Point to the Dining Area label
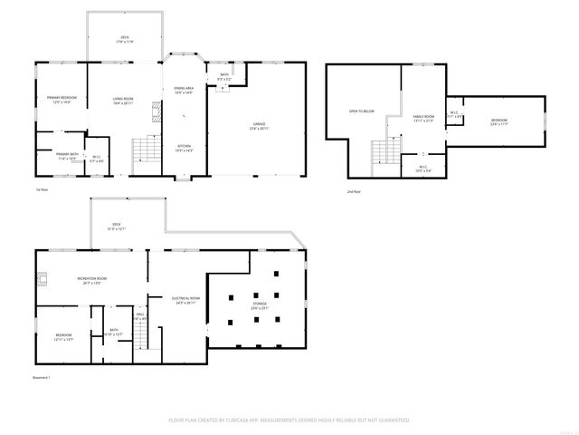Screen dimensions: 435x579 184,88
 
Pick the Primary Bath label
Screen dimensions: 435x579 68,155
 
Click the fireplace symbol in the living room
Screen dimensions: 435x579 155,111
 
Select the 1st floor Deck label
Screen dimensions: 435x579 124,38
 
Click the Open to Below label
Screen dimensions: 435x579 361,111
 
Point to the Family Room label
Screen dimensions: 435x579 423,117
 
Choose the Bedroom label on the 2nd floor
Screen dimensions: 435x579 499,121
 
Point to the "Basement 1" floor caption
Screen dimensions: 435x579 42,376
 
